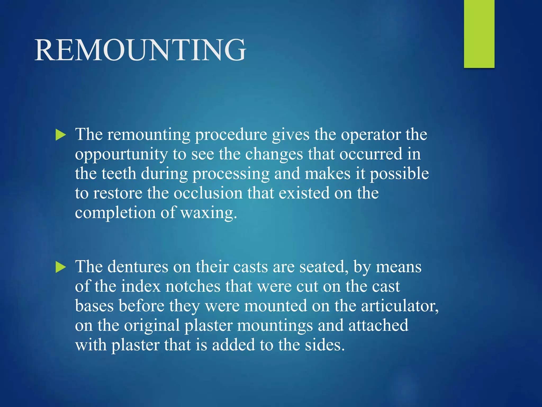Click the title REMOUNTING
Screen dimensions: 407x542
click(140, 50)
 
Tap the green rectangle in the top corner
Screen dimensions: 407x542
click(479, 34)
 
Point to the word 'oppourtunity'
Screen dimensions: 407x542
click(121, 154)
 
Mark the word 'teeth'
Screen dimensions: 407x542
click(119, 174)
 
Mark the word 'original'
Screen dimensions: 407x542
click(152, 326)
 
